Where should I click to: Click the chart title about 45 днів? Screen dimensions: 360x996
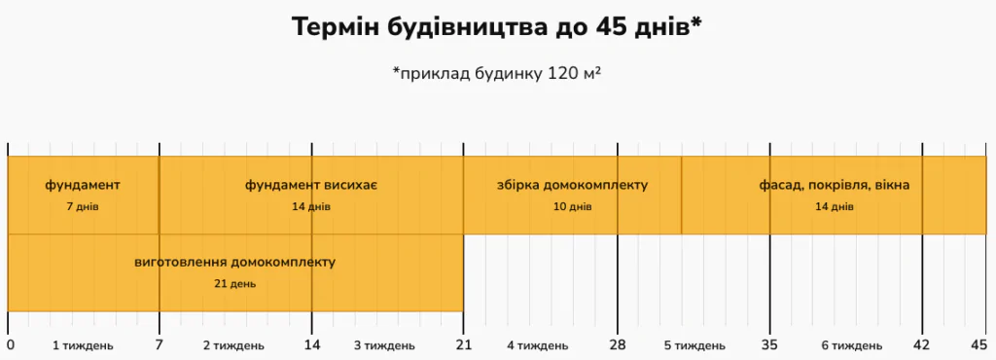pos(497,28)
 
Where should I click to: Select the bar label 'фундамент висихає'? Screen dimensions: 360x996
pos(311,185)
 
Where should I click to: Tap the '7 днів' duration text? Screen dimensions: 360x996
pos(83,206)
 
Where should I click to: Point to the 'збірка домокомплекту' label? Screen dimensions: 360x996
pos(572,185)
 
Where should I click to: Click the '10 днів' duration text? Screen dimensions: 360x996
pos(572,206)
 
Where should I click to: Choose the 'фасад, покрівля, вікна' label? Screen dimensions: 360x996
pos(835,185)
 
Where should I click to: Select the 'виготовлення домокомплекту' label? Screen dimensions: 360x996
pos(235,262)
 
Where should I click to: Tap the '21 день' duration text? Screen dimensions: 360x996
pos(235,283)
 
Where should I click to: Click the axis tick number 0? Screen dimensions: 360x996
pos(10,344)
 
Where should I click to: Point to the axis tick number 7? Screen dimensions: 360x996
pos(160,344)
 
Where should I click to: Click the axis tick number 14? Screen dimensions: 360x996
pos(311,344)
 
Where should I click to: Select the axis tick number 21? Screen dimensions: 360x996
pos(463,344)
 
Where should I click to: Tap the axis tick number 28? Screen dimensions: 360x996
pos(618,344)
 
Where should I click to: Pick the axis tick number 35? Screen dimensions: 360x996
pos(770,344)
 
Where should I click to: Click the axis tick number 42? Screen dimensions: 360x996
pos(922,344)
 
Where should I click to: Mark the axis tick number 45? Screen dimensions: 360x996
pos(979,344)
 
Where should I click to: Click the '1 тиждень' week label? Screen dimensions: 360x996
pos(83,345)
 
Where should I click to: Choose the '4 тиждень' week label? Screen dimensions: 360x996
pos(538,345)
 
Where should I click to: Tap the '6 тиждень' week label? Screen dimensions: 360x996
pos(852,345)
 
